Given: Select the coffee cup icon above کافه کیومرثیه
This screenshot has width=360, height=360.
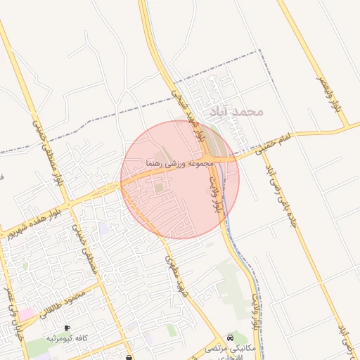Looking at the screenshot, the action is [67, 328].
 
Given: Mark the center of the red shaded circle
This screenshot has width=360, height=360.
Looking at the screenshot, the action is [180, 179].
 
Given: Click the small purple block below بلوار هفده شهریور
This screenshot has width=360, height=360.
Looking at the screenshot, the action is [104, 229].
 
